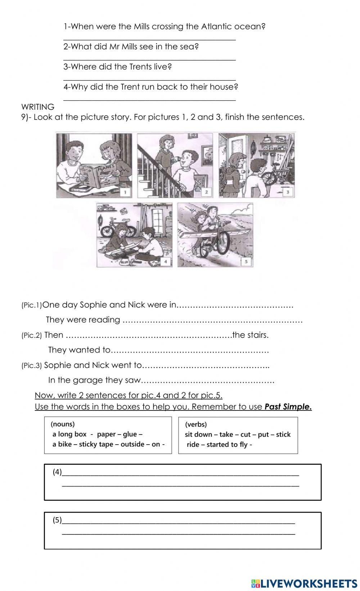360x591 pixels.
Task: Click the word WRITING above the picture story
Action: pos(38,107)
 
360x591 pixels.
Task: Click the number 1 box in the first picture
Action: pos(125,192)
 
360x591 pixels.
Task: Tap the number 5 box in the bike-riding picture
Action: pos(246,261)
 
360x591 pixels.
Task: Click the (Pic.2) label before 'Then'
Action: pos(32,335)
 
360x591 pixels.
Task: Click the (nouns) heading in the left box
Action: pos(63,424)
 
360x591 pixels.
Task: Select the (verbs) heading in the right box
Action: pos(196,424)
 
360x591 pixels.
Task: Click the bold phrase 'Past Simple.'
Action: pos(288,407)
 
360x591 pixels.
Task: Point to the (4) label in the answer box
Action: pos(57,472)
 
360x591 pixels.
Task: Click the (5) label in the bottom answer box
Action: pos(57,520)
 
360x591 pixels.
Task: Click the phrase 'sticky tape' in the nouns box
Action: pos(96,444)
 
